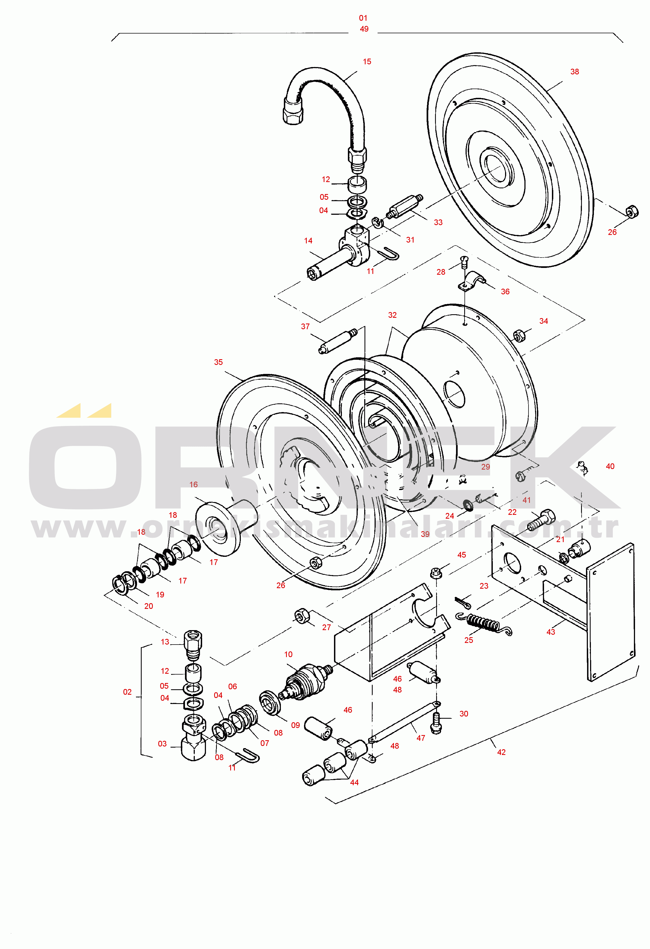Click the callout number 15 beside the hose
367,62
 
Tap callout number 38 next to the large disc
575,72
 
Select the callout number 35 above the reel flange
218,362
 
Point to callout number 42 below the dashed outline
501,752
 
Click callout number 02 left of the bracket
127,692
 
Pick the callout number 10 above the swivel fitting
288,655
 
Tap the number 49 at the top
364,29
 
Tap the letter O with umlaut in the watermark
85,457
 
